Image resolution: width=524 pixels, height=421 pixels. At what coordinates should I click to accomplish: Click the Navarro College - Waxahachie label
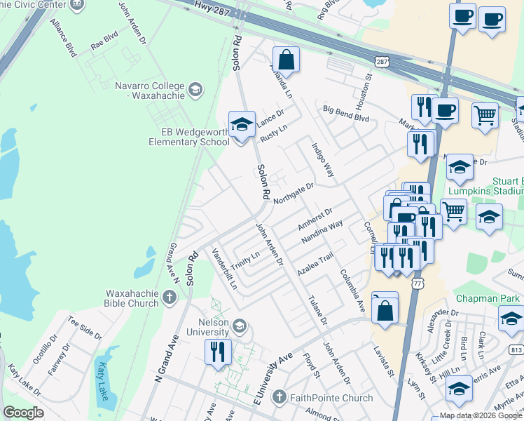[150, 91]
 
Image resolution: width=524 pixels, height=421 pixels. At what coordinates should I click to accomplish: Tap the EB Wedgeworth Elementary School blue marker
[242, 125]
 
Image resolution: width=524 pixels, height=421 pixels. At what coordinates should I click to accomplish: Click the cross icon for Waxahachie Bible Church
[169, 298]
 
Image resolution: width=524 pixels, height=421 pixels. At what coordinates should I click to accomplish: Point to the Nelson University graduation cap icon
[240, 325]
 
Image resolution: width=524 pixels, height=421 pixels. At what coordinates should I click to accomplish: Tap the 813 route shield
[516, 349]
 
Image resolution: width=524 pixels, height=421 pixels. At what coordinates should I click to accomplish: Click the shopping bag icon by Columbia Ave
[385, 308]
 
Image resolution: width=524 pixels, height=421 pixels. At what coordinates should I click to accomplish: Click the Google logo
[23, 413]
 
